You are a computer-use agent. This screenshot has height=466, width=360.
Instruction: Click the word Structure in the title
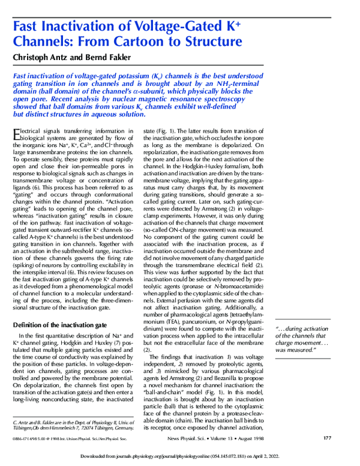click(x=214, y=42)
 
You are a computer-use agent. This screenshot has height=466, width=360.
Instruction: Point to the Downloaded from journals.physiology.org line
click(x=180, y=456)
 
